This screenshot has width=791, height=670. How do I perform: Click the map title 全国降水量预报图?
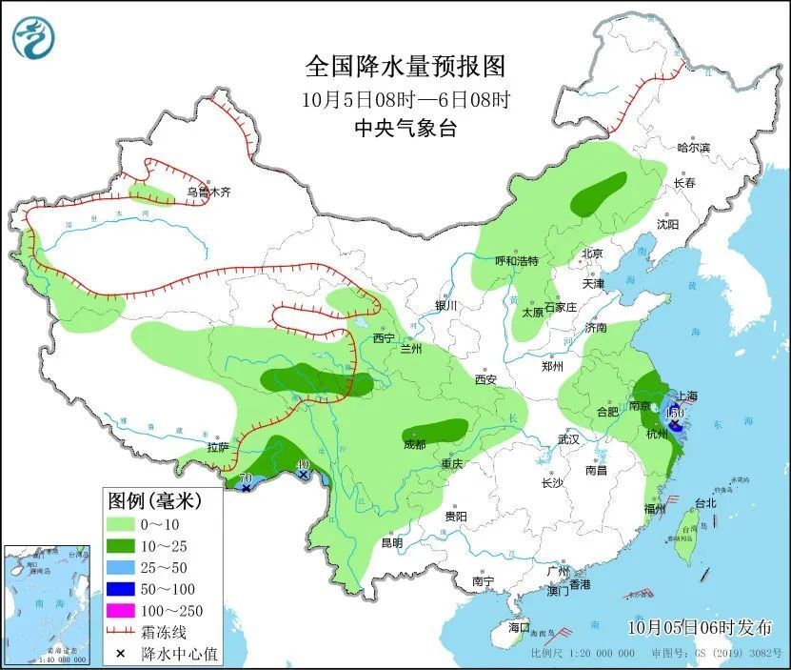(405, 67)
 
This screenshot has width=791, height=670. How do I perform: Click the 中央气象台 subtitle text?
(405, 129)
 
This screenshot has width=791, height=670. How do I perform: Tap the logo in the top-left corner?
(33, 38)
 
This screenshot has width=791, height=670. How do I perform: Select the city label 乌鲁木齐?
(208, 192)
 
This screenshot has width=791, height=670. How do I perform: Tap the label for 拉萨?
(217, 447)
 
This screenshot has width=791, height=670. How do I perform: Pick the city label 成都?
(414, 443)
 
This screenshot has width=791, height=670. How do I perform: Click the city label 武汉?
(568, 439)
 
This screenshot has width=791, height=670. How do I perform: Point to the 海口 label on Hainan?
(518, 628)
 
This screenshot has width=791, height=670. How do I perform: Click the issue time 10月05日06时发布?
(700, 626)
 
